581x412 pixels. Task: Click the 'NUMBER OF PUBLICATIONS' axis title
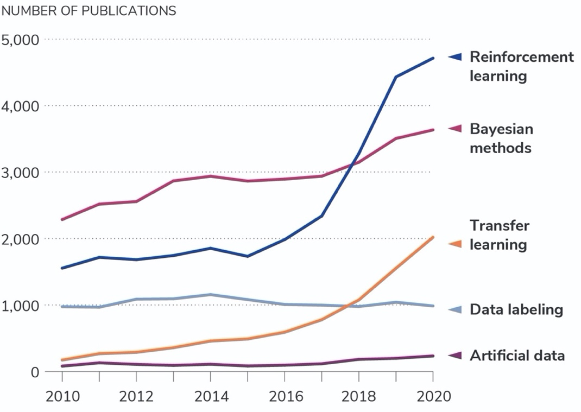click(x=89, y=11)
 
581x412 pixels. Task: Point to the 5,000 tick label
click(x=20, y=40)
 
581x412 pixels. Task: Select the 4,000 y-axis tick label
click(x=20, y=106)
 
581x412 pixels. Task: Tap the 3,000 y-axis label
click(x=20, y=173)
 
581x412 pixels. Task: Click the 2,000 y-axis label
click(x=20, y=239)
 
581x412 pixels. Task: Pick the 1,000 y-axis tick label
click(x=20, y=306)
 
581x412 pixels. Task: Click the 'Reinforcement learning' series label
click(x=521, y=66)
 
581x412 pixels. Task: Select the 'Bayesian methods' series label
click(x=501, y=138)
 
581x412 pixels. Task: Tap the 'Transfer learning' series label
click(x=498, y=235)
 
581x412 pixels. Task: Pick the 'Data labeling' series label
click(x=516, y=310)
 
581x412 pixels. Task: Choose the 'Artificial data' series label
click(x=517, y=356)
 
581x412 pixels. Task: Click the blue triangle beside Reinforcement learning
click(x=455, y=56)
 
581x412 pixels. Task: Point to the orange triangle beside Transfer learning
click(x=455, y=244)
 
